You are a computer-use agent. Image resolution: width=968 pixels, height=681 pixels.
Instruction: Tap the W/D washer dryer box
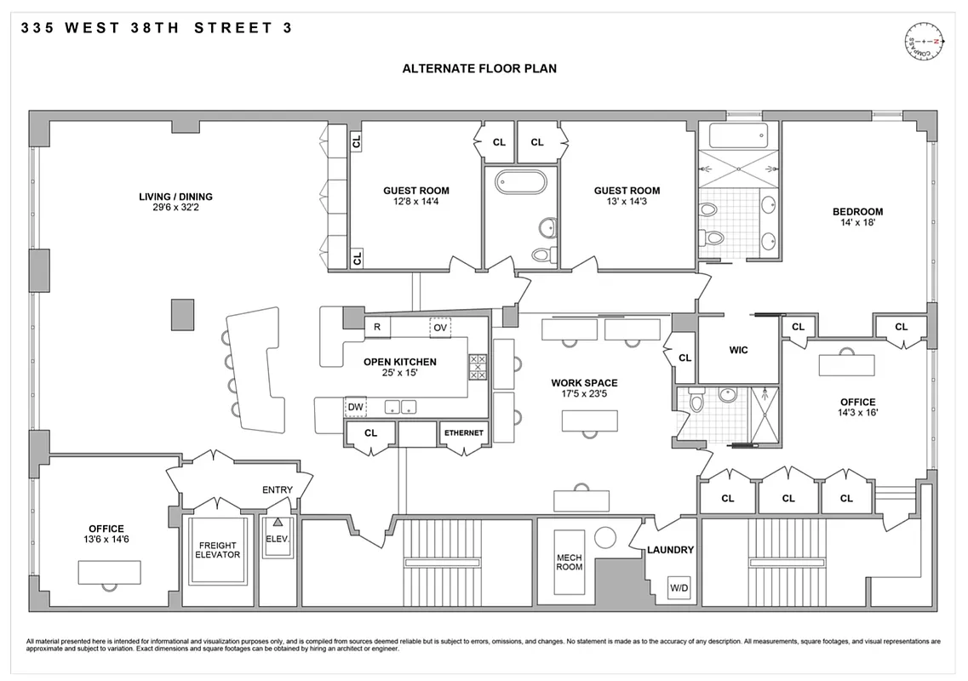pyautogui.click(x=679, y=588)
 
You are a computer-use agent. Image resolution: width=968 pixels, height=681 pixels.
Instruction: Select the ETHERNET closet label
pyautogui.click(x=463, y=433)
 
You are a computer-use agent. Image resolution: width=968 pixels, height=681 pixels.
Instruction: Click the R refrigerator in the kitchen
pyautogui.click(x=376, y=327)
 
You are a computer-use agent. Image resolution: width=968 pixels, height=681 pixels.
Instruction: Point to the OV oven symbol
pyautogui.click(x=439, y=327)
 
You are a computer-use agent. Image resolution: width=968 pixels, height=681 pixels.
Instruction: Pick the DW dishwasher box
pyautogui.click(x=355, y=408)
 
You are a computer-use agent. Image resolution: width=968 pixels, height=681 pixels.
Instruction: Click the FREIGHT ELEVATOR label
pyautogui.click(x=219, y=550)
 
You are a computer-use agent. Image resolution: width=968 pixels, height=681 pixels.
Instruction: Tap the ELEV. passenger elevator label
pyautogui.click(x=278, y=540)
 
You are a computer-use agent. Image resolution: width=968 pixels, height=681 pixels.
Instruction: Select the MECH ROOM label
pyautogui.click(x=570, y=562)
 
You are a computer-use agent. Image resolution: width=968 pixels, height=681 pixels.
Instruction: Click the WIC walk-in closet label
pyautogui.click(x=738, y=350)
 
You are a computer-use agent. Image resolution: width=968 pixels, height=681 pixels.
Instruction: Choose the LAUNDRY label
pyautogui.click(x=670, y=550)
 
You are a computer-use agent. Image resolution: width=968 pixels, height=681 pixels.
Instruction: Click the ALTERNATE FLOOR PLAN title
pyautogui.click(x=479, y=68)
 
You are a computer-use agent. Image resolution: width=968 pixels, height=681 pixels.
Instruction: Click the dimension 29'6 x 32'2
pyautogui.click(x=175, y=208)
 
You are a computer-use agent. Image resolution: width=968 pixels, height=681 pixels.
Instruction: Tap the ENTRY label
pyautogui.click(x=278, y=489)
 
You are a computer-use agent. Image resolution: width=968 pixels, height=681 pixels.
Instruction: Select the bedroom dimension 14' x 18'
pyautogui.click(x=857, y=223)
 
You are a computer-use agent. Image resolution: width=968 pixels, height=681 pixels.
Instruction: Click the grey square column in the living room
pyautogui.click(x=181, y=314)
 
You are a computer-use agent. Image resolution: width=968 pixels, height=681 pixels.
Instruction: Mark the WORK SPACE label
pyautogui.click(x=584, y=383)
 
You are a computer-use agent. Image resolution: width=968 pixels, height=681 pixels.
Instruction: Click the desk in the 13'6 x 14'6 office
pyautogui.click(x=109, y=572)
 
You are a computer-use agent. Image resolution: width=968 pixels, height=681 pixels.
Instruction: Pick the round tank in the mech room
pyautogui.click(x=605, y=537)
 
